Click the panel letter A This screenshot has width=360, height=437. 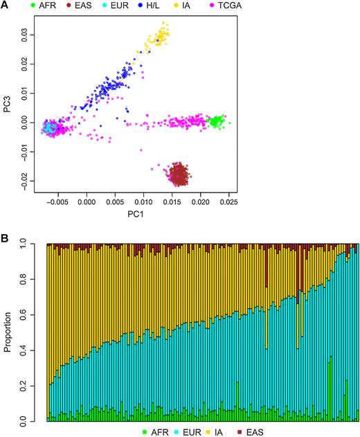5,6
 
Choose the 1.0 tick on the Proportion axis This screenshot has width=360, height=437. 30,244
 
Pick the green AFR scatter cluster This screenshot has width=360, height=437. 217,122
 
